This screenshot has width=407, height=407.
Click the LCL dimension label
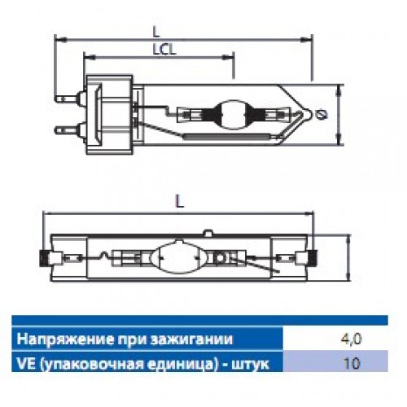click(164, 49)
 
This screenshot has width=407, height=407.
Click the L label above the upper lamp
click(156, 32)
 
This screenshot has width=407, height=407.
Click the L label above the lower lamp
click(180, 201)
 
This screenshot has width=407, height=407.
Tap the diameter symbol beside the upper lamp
click(322, 115)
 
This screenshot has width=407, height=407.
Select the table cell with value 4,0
click(335, 339)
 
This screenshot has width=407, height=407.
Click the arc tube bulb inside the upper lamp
click(233, 114)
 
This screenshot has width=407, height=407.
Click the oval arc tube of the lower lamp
click(178, 257)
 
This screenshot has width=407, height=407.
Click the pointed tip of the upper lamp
click(311, 114)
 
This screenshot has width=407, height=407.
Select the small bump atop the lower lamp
click(208, 232)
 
